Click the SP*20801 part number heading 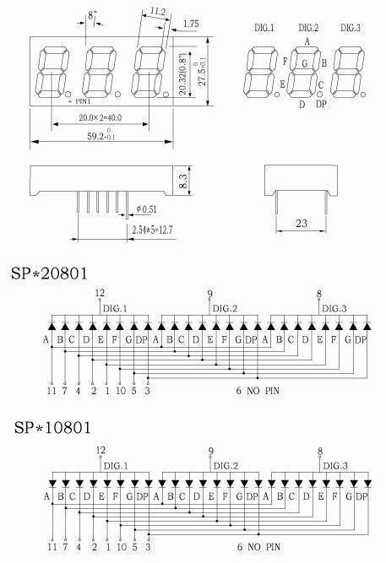[49, 273]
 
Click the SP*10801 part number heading [52, 428]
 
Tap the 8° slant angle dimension [92, 14]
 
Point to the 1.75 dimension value [191, 24]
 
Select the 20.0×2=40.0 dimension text [101, 117]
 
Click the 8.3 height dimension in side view [183, 181]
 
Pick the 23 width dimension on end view [302, 224]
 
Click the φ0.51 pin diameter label [147, 209]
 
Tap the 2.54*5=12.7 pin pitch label [152, 230]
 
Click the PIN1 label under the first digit [83, 101]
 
